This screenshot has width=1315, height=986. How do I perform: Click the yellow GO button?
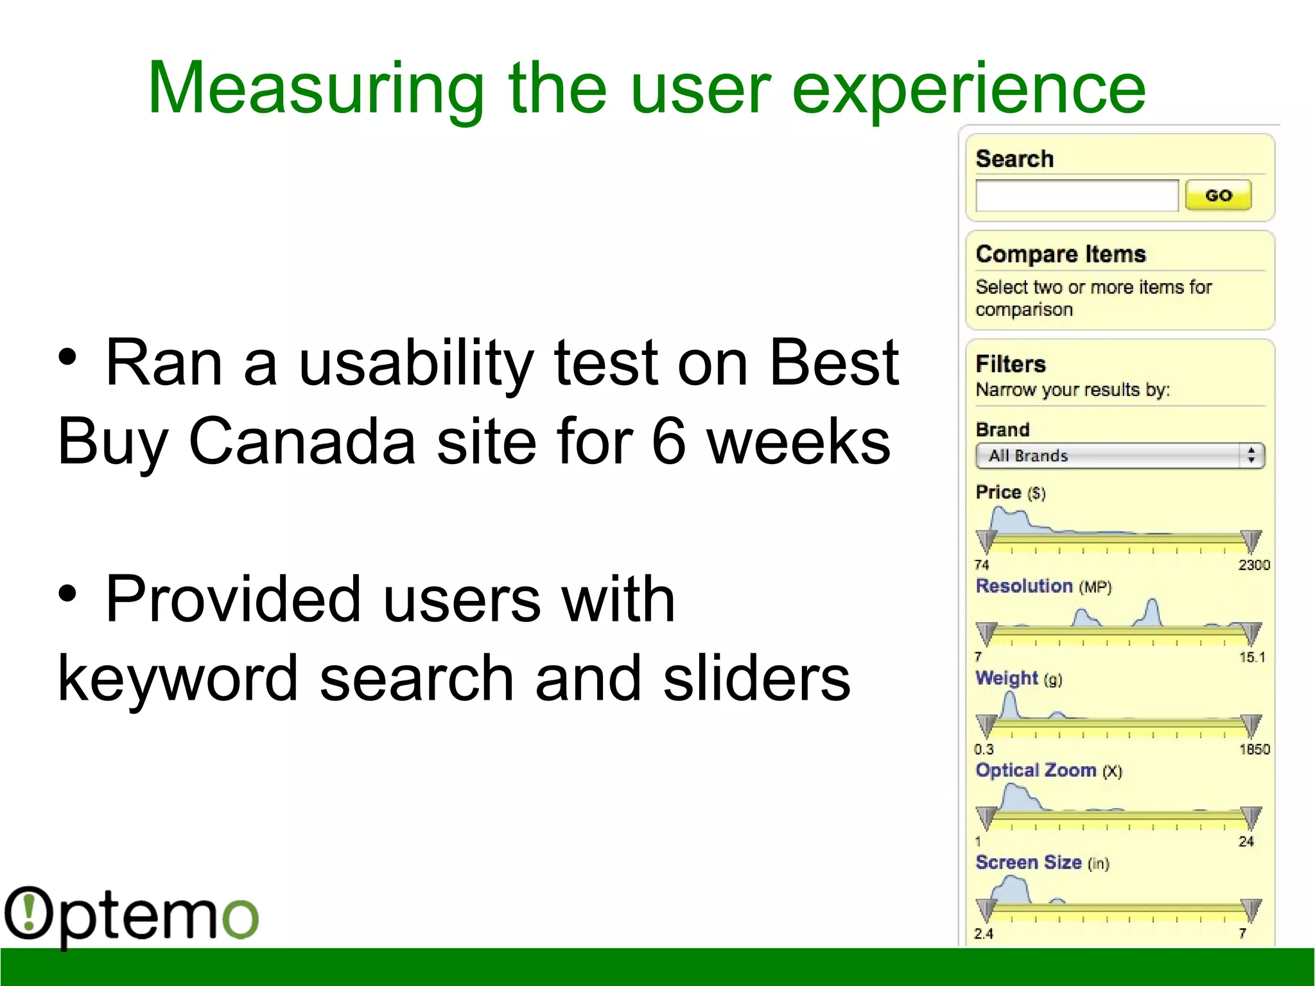[x=1218, y=195]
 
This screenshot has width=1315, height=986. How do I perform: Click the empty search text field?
[x=1076, y=195]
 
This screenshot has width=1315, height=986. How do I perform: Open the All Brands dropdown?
[x=1119, y=456]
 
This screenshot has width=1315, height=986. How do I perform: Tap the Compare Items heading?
[x=1060, y=254]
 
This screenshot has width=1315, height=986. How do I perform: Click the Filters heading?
[x=1010, y=364]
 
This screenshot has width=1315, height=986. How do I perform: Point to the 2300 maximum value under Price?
[x=1253, y=565]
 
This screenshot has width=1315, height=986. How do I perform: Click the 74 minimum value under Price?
[x=981, y=565]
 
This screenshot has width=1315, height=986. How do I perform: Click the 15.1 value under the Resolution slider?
[x=1251, y=657]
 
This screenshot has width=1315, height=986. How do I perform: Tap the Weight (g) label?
[x=1018, y=679]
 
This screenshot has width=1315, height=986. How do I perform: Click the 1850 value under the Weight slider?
[x=1254, y=749]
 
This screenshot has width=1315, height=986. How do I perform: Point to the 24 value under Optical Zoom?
[x=1246, y=842]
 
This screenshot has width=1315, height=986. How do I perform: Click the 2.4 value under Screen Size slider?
[x=983, y=934]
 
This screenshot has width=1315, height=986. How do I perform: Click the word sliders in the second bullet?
[x=756, y=679]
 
